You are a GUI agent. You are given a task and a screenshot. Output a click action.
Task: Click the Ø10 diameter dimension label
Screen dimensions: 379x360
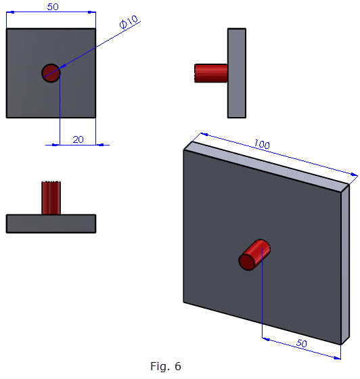129,23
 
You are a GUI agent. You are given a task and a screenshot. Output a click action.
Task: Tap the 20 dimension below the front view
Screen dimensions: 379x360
78,139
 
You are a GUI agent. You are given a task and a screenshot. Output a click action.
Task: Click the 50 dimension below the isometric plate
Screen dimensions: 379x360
300,344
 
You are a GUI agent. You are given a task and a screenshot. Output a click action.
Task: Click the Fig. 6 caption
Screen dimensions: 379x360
165,367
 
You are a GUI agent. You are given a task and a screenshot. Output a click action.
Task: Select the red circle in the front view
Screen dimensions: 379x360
51,72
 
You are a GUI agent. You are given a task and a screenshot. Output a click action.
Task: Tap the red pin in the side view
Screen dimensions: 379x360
210,73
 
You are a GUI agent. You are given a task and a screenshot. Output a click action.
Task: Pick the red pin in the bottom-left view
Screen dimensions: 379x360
51,198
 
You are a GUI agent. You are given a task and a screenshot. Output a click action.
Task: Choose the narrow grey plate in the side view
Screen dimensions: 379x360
236,73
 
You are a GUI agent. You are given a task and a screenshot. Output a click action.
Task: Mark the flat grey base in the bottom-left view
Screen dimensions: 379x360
51,223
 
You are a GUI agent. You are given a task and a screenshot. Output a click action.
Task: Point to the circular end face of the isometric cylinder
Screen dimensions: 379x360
248,261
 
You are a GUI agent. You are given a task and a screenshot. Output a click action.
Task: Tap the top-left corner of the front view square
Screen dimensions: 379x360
7,28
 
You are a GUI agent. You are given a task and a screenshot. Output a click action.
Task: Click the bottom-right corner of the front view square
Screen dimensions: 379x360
95,117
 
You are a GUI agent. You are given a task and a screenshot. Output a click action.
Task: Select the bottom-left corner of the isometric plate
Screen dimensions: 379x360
184,302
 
